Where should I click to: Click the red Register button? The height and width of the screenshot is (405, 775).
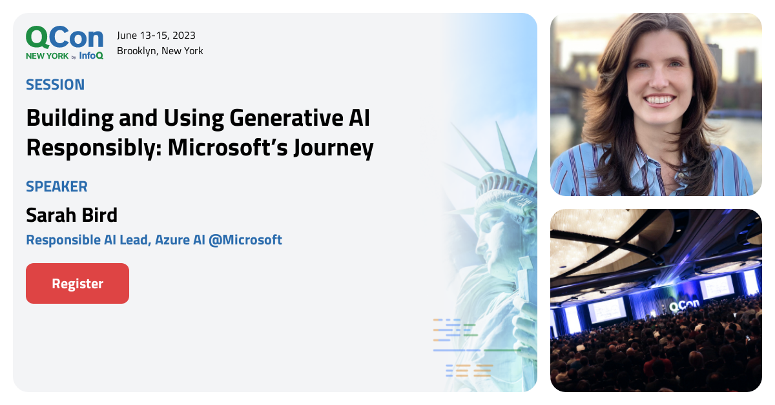click(x=77, y=284)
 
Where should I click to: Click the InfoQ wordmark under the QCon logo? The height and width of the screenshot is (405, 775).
click(x=91, y=56)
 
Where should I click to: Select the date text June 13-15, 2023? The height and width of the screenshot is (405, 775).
click(x=156, y=35)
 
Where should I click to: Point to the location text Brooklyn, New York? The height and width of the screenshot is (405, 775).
click(x=160, y=51)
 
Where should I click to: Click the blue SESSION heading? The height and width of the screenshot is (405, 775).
click(x=55, y=84)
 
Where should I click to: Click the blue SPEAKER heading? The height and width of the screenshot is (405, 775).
click(x=57, y=187)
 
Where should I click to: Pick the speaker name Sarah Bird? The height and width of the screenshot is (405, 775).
click(x=72, y=215)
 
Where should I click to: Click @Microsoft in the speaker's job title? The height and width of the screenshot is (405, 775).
click(x=245, y=240)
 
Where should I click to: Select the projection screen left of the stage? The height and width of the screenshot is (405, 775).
click(x=606, y=309)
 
